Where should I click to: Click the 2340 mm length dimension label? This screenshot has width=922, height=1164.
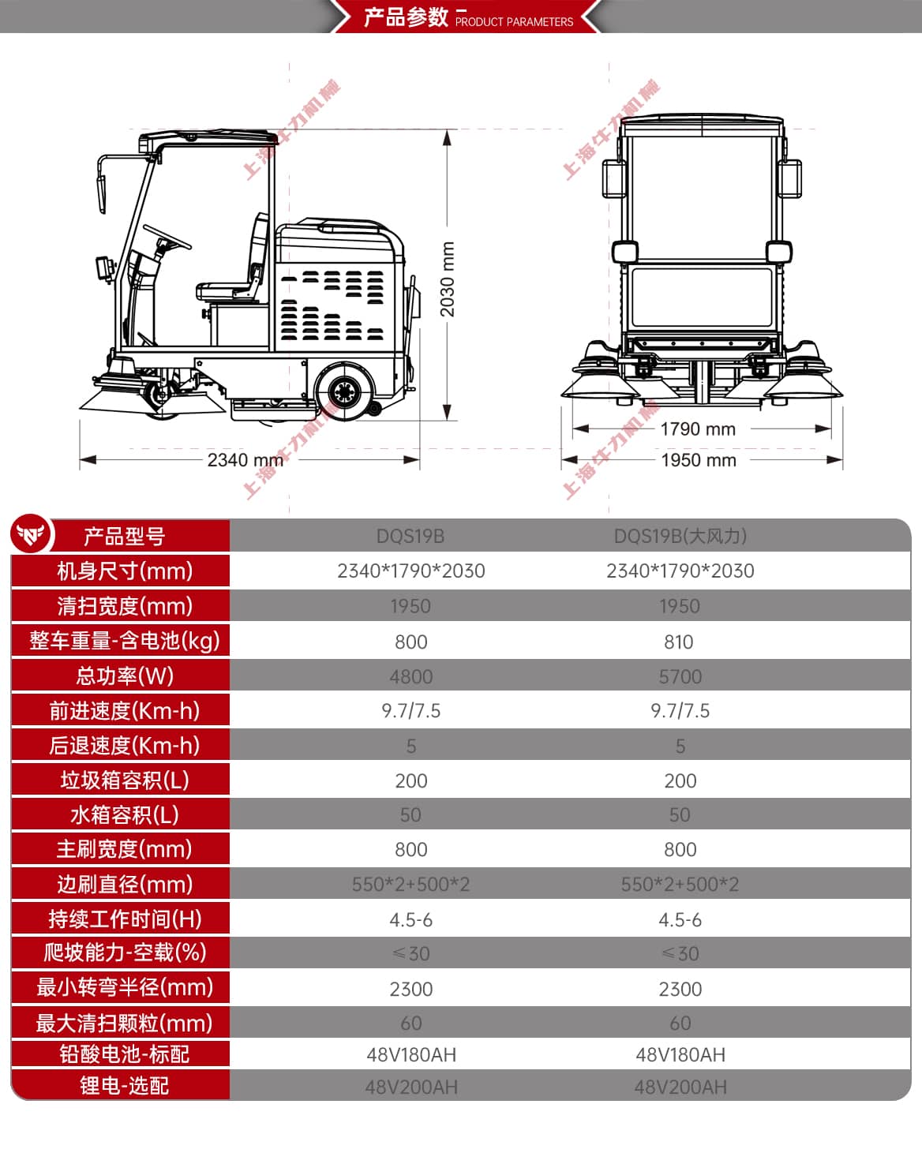[245, 460]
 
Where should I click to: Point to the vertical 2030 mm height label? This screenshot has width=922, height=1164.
[448, 279]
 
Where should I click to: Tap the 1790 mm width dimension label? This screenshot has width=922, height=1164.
[698, 429]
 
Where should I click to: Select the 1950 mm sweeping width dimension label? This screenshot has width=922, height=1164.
[699, 460]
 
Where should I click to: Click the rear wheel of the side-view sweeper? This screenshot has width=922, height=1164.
[344, 391]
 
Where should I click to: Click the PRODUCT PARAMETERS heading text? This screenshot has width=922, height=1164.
[514, 21]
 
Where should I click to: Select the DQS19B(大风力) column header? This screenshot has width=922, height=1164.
[680, 536]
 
